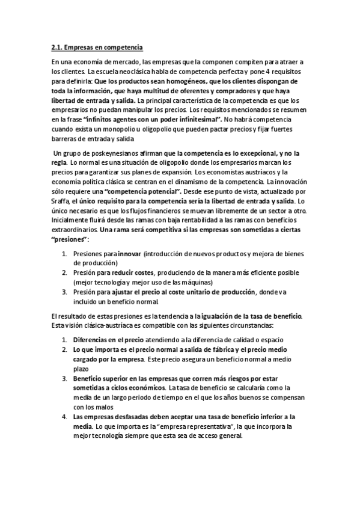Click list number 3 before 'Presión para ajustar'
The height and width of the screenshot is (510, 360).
tap(65, 292)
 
